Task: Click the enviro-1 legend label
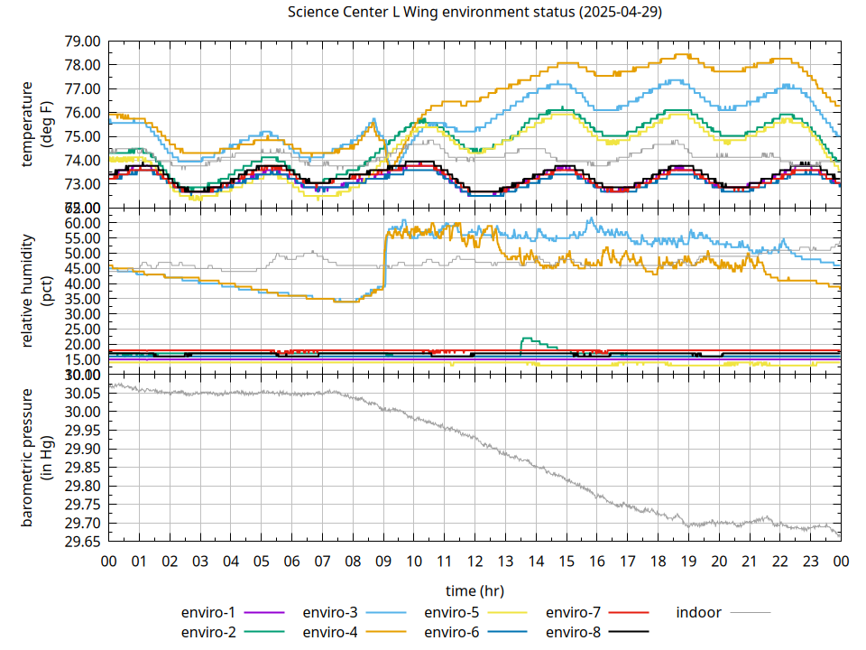click(x=208, y=612)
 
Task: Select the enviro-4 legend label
click(x=330, y=632)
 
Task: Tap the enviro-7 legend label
click(x=574, y=612)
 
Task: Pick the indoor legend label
click(x=698, y=612)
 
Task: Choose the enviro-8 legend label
click(x=574, y=632)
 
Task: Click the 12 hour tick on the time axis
click(x=474, y=561)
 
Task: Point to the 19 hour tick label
click(x=688, y=561)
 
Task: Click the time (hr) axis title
click(x=474, y=590)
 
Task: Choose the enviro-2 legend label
click(x=208, y=632)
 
